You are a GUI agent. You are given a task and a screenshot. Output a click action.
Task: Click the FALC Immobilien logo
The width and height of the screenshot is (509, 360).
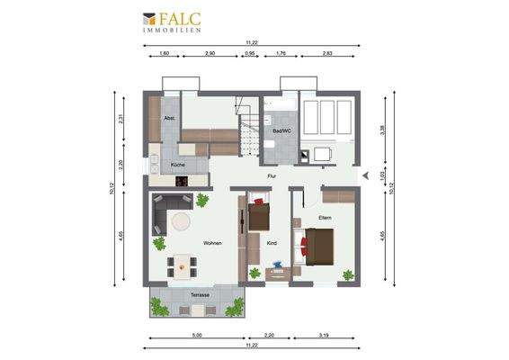171,22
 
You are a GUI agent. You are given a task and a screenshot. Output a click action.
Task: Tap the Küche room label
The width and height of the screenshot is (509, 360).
178,166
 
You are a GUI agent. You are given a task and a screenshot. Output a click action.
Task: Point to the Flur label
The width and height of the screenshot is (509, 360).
272,176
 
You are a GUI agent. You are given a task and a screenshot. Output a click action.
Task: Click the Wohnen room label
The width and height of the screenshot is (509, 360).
212,243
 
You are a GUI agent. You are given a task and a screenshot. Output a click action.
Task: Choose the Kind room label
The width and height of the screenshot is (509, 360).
272,243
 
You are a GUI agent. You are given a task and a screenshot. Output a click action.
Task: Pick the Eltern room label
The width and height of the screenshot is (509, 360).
326,218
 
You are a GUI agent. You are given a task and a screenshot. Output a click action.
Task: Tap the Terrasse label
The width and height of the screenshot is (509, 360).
200,294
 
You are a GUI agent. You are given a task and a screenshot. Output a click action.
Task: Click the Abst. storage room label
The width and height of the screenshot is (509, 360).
168,118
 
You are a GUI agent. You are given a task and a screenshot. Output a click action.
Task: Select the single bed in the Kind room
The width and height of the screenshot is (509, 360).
259,215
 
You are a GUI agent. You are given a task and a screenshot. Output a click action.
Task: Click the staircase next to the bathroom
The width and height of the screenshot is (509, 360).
249,125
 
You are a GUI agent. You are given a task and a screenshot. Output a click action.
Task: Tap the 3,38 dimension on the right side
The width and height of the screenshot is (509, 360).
382,129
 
